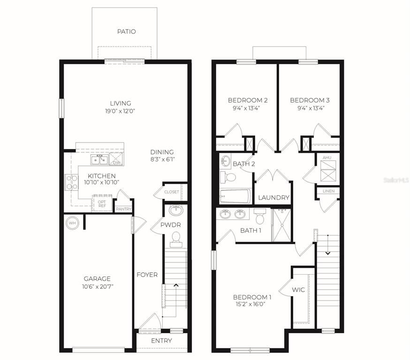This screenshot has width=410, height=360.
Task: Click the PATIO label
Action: coord(126,32)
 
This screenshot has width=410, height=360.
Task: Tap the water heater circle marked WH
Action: coord(72,223)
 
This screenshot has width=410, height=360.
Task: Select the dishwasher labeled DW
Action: coord(116,160)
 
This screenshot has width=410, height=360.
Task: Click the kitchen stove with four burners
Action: coord(71,182)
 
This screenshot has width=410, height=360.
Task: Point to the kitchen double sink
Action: coord(99,160)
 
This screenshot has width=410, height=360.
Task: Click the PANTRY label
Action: coord(124,209)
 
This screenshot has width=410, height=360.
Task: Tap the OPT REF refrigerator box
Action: coord(101,203)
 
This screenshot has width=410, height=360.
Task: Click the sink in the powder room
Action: coord(175,209)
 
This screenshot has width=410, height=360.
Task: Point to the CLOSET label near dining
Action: coord(172,192)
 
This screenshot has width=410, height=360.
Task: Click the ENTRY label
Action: coord(162,341)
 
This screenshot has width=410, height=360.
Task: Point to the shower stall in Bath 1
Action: coord(281,225)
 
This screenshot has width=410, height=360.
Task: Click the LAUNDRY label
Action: coord(274,198)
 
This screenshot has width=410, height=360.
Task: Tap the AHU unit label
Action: coord(327,158)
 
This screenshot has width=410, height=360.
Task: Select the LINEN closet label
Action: coord(328,191)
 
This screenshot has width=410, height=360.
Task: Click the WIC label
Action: coord(298,290)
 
